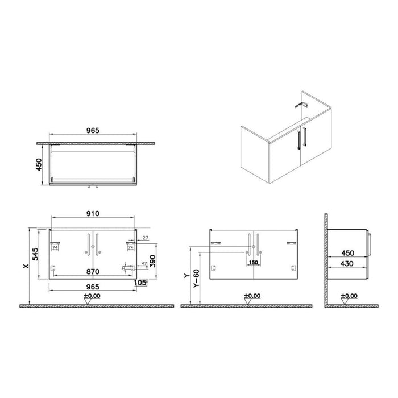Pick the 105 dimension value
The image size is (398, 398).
(x=140, y=283)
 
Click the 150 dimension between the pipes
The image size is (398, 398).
(x=253, y=263)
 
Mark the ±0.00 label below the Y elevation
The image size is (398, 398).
(x=253, y=296)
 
